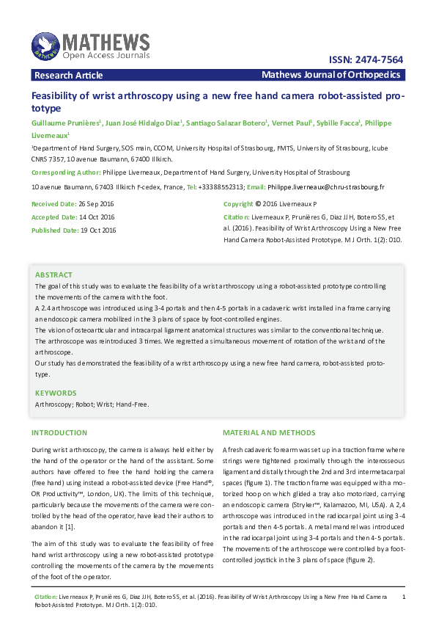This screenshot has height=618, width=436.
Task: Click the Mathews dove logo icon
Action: pyautogui.click(x=45, y=46)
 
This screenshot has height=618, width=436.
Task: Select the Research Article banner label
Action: pyautogui.click(x=68, y=76)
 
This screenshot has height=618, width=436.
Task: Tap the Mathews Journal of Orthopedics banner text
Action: pyautogui.click(x=330, y=76)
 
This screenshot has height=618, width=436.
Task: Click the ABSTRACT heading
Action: pyautogui.click(x=54, y=275)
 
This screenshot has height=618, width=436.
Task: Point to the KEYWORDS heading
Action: pyautogui.click(x=56, y=393)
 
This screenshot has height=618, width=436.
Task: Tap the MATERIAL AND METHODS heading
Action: pyautogui.click(x=269, y=433)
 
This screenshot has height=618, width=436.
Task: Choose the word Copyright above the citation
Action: pyautogui.click(x=237, y=203)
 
